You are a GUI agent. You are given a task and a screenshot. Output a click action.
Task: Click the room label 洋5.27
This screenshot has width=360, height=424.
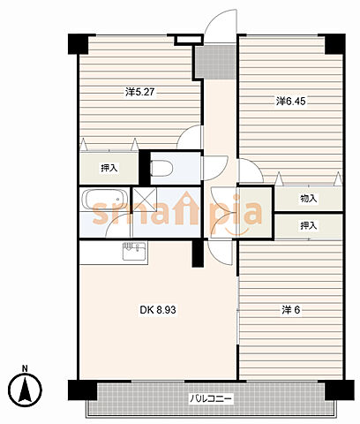tap(140, 92)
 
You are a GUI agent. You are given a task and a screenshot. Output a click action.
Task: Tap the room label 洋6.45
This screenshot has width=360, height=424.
tap(291, 102)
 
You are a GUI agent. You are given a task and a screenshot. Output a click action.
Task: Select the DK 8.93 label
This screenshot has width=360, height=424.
tap(158, 310)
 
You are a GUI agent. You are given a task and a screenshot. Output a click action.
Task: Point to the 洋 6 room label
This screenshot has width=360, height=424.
tap(291, 310)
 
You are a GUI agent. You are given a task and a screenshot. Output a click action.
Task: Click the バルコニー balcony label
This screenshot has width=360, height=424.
tap(211, 399)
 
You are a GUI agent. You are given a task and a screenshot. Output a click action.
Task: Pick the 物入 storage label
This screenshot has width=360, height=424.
tap(309, 199)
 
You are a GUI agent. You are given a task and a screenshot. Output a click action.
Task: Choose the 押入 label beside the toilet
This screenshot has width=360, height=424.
tap(109, 169)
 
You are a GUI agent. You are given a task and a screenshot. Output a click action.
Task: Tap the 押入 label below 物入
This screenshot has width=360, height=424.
tap(309, 226)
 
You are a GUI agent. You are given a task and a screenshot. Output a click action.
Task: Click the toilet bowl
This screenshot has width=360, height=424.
tap(161, 169)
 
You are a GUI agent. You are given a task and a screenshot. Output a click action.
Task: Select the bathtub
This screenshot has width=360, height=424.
tap(105, 200)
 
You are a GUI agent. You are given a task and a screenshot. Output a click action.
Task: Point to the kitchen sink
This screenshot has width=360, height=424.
tap(134, 251)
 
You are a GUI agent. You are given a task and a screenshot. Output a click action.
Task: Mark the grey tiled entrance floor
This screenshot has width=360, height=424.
tap(215, 61)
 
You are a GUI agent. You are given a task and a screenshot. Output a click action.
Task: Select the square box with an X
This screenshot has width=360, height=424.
tap(145, 200)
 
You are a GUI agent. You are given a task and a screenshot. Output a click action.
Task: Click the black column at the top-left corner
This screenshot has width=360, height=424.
tap(79, 44)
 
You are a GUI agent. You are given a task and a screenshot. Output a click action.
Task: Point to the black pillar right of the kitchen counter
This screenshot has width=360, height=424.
tap(198, 254)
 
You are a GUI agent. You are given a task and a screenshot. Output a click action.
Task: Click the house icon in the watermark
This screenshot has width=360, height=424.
tap(184, 208)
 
